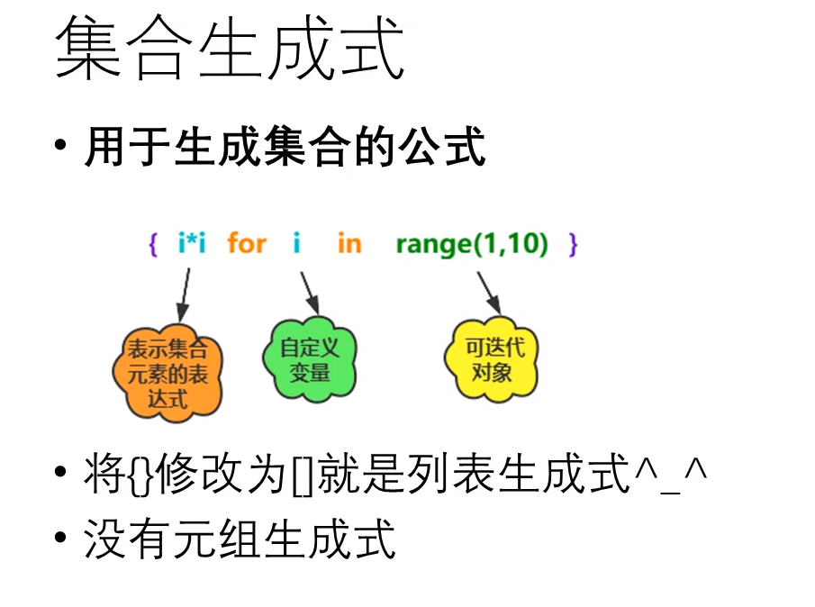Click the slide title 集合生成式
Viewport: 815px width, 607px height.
pos(230,51)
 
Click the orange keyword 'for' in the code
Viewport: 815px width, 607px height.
pos(246,243)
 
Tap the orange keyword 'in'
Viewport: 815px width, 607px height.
pos(349,243)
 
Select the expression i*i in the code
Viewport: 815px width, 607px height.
pos(191,243)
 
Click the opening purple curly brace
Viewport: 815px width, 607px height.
pos(152,244)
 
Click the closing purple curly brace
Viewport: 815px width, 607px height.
pos(574,244)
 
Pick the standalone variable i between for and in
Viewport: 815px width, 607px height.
pos(296,243)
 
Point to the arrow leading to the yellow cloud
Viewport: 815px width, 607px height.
pos(487,293)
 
